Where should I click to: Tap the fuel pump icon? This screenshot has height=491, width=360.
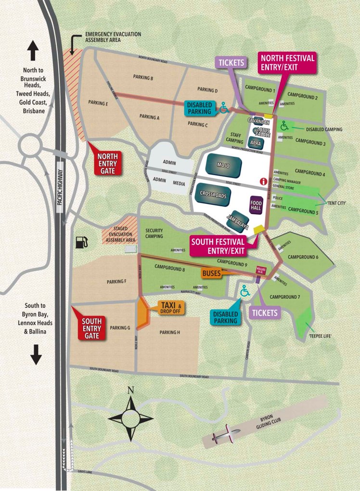point(81,241)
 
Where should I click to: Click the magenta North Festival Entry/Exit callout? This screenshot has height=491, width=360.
point(287,63)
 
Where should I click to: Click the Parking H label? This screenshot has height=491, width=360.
point(169,332)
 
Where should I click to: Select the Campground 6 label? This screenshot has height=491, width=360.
point(303,257)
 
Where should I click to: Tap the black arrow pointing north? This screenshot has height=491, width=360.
point(32,50)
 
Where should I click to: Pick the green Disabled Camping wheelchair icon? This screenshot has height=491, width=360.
point(285,126)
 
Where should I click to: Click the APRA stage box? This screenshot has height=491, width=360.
point(255,143)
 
